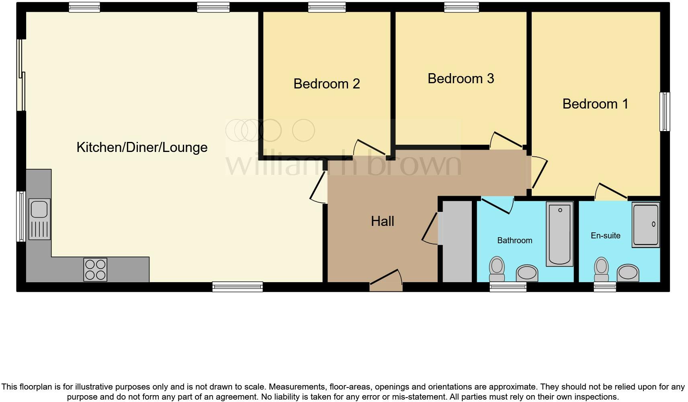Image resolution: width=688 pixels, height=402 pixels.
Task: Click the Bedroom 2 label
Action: pyautogui.click(x=326, y=84)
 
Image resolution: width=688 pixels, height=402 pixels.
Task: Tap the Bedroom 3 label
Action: pyautogui.click(x=461, y=78)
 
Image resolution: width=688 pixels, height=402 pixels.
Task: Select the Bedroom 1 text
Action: pyautogui.click(x=595, y=104)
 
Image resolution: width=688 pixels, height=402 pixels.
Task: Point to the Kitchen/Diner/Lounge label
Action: pyautogui.click(x=142, y=147)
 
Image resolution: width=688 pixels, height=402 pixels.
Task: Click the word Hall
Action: pyautogui.click(x=382, y=221)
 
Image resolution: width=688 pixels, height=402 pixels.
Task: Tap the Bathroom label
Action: pyautogui.click(x=514, y=240)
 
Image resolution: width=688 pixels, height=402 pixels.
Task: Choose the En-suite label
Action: pyautogui.click(x=605, y=236)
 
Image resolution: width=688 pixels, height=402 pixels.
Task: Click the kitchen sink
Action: pyautogui.click(x=39, y=219)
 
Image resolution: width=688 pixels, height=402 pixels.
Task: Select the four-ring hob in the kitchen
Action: pyautogui.click(x=95, y=269)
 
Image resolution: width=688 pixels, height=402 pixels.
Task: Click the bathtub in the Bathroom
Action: pyautogui.click(x=559, y=234)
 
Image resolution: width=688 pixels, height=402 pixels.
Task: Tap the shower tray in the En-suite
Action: pyautogui.click(x=645, y=225)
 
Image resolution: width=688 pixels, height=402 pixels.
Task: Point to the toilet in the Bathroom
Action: pyautogui.click(x=497, y=269)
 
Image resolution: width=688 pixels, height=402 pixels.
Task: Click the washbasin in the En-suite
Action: pyautogui.click(x=628, y=273)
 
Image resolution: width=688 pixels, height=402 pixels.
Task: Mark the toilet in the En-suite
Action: pyautogui.click(x=601, y=269)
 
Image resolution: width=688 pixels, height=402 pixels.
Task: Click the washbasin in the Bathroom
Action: pyautogui.click(x=527, y=273)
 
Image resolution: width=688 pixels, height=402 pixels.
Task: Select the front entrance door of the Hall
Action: pyautogui.click(x=386, y=281)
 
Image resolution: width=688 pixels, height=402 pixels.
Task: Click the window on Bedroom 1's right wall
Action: pyautogui.click(x=665, y=112)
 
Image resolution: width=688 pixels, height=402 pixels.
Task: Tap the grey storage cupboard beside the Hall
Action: pyautogui.click(x=457, y=241)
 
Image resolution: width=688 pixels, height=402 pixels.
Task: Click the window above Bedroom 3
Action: pyautogui.click(x=461, y=7)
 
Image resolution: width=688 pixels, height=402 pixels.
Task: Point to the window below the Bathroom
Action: pyautogui.click(x=508, y=287)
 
